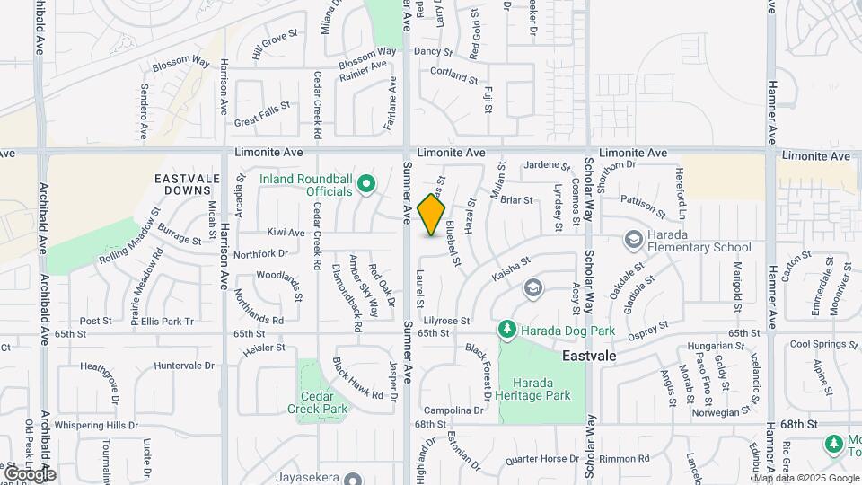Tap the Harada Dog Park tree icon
pos(507,331)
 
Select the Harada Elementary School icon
pos(633,239)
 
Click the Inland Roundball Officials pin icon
pos(365,186)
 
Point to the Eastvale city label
pos(589,357)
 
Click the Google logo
pos(29,473)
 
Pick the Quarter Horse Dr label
pos(541,459)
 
